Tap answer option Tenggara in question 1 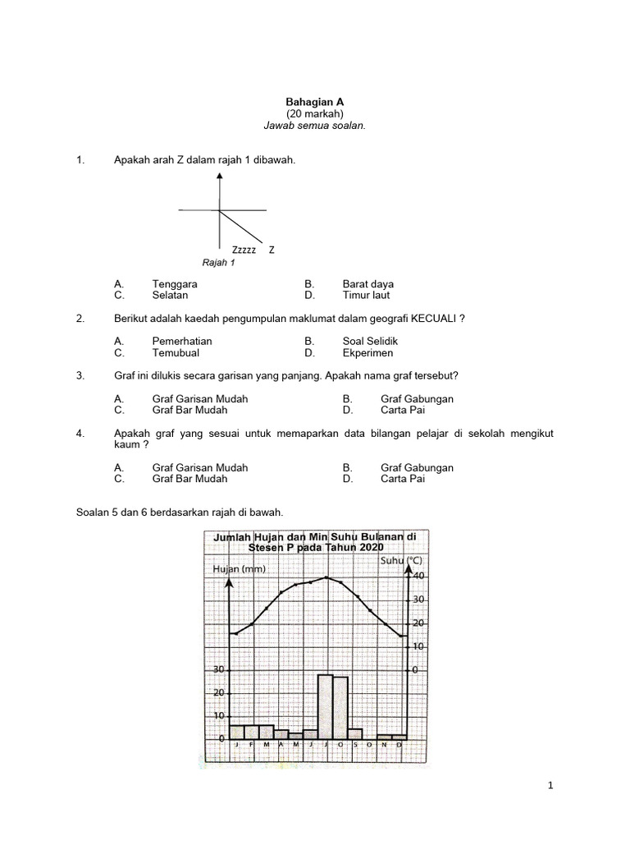[x=175, y=284]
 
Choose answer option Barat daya [x=368, y=284]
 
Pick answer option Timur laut [x=367, y=295]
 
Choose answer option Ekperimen [x=368, y=353]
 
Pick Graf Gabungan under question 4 [x=417, y=467]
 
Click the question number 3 [x=79, y=375]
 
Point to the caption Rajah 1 [x=219, y=263]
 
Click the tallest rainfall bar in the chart [x=326, y=705]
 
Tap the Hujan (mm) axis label [x=239, y=568]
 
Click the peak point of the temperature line [x=326, y=577]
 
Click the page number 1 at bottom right [x=550, y=786]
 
